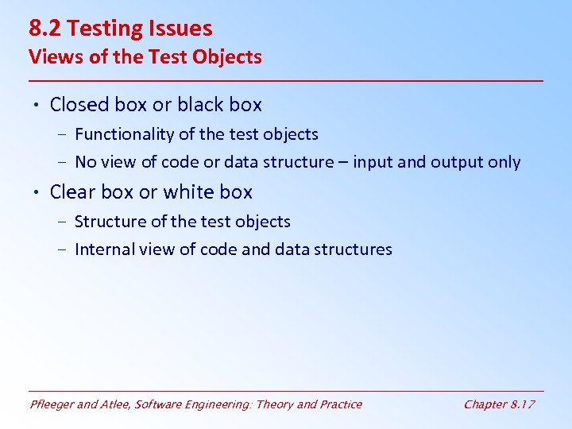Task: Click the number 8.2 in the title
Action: coord(45,29)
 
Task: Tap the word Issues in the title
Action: coord(179,29)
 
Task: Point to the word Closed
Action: coord(78,105)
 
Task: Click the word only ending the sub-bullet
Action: coord(504,162)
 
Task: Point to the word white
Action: coord(186,192)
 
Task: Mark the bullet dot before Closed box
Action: coord(37,106)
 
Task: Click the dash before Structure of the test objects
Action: coord(63,222)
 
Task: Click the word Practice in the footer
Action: coord(340,404)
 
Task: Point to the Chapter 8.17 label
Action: coord(499,404)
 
